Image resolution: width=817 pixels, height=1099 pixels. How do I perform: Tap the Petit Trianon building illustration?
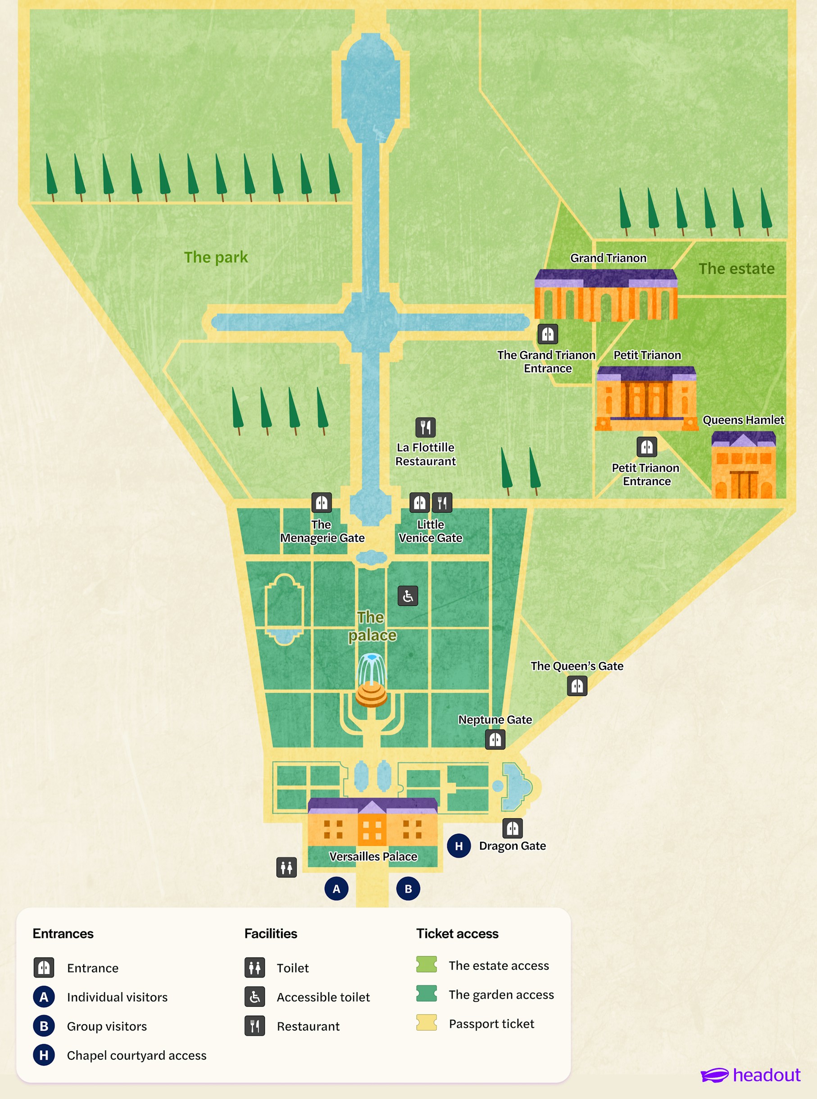coord(646,399)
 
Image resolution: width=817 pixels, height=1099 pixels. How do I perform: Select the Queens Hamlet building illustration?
coord(743,465)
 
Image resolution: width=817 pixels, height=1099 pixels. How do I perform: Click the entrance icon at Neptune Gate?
coord(495,740)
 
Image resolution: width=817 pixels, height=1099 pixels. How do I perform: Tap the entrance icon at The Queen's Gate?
coord(576,686)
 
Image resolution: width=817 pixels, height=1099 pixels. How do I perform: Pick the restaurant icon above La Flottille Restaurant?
coord(425,427)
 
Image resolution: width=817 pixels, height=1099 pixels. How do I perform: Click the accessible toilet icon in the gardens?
coord(408,596)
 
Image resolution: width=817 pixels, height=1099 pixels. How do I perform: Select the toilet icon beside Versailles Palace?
coord(286,867)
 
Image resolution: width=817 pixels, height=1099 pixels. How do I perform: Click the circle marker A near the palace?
coord(336,889)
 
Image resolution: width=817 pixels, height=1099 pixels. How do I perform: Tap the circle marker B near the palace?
coord(408,889)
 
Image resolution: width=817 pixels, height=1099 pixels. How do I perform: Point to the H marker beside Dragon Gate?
coord(458,846)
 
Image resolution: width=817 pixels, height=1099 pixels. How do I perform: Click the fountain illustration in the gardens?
coord(371,680)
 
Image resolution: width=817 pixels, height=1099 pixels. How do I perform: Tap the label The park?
coord(216,257)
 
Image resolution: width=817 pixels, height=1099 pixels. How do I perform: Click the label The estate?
coord(736,268)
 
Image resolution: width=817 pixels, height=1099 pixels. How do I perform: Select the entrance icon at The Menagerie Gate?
coord(322,503)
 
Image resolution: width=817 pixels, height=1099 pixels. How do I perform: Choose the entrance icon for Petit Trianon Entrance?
coord(646,447)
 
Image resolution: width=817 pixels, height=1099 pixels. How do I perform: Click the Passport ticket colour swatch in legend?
coord(427,1022)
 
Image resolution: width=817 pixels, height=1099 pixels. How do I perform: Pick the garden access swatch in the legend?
coord(427,993)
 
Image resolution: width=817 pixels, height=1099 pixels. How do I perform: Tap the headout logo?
coord(750,1075)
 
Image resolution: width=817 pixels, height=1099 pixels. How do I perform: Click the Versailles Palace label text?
coord(373,857)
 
